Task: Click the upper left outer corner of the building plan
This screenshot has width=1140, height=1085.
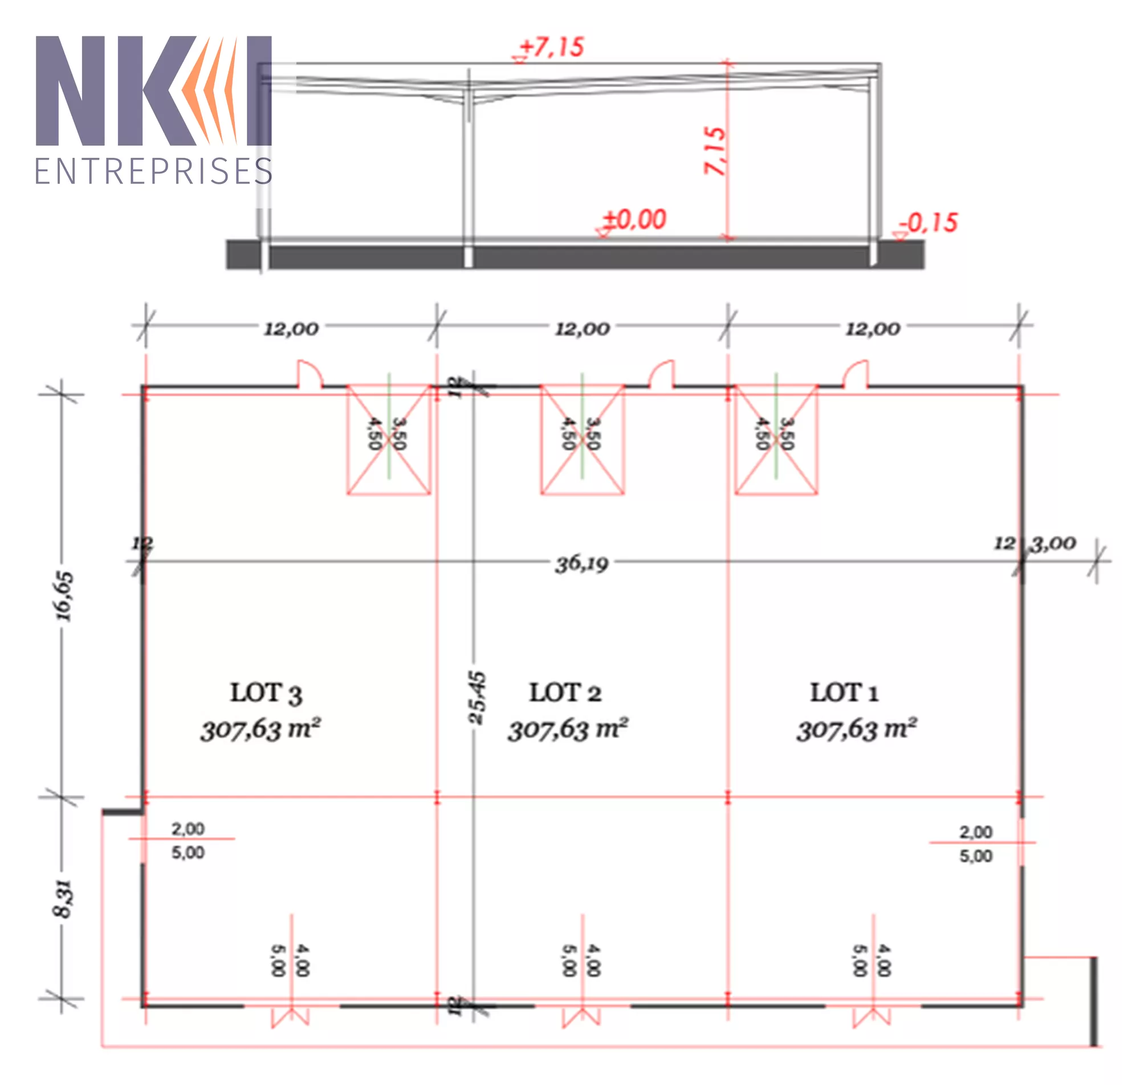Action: (x=141, y=386)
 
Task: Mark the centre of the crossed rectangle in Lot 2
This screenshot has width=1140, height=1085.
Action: (x=582, y=440)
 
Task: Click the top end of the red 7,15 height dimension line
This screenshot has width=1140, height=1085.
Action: (x=727, y=61)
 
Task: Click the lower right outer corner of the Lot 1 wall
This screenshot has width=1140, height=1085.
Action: (x=1023, y=1007)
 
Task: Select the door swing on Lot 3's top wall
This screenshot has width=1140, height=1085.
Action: (x=310, y=373)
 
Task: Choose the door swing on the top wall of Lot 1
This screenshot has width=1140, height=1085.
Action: (x=856, y=373)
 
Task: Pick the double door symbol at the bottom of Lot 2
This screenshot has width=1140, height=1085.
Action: (x=581, y=1017)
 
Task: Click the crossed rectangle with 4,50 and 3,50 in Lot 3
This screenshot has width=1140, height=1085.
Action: (x=388, y=440)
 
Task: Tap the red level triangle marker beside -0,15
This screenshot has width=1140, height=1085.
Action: (x=900, y=235)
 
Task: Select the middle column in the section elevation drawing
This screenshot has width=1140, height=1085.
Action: (x=468, y=167)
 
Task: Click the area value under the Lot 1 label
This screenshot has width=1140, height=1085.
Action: (x=857, y=728)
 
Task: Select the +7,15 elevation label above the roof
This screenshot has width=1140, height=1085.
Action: (x=552, y=47)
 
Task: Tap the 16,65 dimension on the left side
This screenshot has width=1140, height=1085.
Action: (x=64, y=596)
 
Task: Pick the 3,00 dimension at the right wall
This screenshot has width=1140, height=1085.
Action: (x=1054, y=543)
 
